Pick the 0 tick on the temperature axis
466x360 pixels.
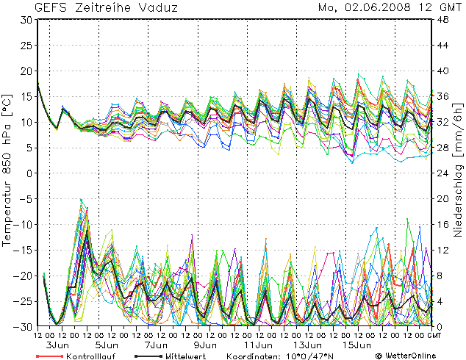tap(27, 173)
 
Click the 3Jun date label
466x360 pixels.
tap(57, 345)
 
